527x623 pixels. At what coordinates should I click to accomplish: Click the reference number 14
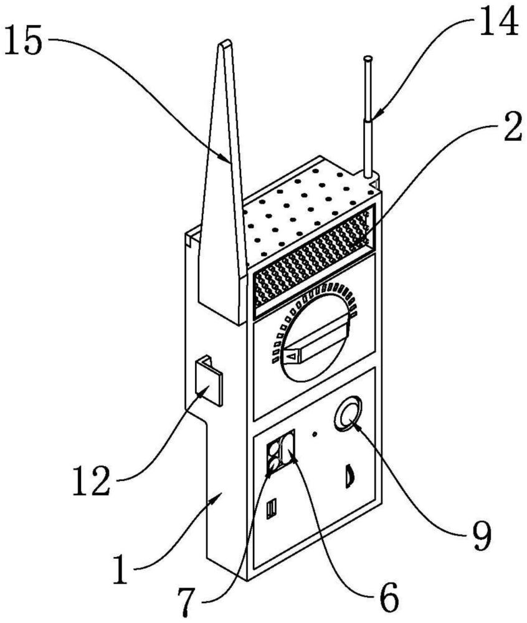(498, 20)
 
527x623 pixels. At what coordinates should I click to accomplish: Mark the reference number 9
(482, 536)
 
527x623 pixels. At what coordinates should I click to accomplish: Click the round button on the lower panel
(348, 414)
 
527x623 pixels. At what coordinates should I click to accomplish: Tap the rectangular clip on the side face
(209, 380)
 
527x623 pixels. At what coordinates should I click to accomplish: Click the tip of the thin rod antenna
(368, 59)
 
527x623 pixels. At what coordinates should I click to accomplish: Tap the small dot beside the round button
(315, 434)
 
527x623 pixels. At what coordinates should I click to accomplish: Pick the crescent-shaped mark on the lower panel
(349, 475)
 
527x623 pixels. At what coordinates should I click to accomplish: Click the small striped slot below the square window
(271, 509)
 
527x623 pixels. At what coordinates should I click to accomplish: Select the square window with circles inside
(281, 452)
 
